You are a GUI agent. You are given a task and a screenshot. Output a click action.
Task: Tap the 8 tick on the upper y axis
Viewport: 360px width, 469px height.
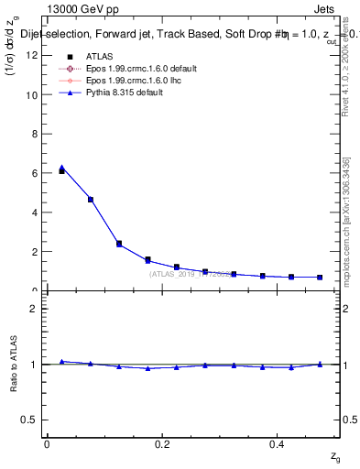[x=37, y=134]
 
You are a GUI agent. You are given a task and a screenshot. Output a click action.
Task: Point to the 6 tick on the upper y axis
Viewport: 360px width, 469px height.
[x=37, y=173]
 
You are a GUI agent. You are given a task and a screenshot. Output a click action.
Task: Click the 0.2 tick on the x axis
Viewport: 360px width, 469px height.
[x=162, y=444]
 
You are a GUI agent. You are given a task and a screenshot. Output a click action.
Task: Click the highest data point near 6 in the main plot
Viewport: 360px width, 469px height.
[x=61, y=169]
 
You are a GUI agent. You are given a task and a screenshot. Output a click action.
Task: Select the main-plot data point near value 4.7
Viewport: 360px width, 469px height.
[x=90, y=199]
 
